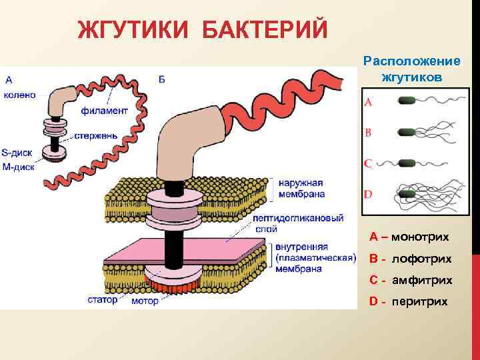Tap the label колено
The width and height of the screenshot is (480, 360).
click(x=19, y=95)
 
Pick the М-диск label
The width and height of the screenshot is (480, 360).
click(x=19, y=167)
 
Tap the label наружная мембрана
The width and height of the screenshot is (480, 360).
click(x=302, y=189)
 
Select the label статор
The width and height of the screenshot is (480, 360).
click(x=102, y=300)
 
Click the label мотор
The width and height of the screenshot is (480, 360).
click(x=145, y=301)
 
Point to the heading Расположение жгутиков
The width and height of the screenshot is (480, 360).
click(x=411, y=69)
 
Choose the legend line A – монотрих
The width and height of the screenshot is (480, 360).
click(x=409, y=237)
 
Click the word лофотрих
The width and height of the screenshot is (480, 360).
click(x=421, y=258)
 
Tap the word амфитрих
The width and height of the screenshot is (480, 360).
click(x=421, y=280)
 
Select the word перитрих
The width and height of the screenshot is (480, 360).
click(x=419, y=301)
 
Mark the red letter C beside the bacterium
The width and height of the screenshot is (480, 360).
click(x=368, y=163)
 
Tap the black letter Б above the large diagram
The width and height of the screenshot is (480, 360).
click(x=163, y=80)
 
